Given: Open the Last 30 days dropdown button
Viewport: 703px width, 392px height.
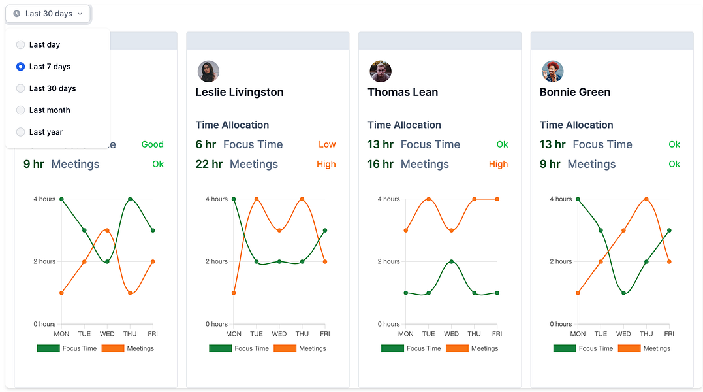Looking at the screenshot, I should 48,14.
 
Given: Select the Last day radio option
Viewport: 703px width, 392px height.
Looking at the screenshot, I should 21,45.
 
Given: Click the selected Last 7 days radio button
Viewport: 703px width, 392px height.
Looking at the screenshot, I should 21,67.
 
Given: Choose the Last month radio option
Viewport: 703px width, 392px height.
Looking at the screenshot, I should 21,110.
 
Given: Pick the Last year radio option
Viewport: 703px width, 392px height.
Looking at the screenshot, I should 21,132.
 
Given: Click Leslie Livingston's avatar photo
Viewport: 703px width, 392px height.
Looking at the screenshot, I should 208,71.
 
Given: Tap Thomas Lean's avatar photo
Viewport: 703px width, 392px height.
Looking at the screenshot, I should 380,71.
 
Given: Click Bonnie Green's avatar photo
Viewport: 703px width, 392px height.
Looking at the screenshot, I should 552,71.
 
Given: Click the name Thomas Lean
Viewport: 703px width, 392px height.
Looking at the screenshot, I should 403,92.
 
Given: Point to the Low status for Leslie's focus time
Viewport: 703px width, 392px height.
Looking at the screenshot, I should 327,144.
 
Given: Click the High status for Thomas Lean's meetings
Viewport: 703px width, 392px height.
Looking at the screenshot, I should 498,164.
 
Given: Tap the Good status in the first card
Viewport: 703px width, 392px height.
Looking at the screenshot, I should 152,144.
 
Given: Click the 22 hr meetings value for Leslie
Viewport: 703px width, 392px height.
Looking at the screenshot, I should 209,164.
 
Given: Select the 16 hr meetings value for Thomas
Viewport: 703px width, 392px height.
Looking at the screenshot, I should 381,164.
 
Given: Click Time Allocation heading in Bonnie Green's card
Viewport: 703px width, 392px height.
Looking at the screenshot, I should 576,125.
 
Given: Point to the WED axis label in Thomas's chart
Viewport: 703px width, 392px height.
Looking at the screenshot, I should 451,334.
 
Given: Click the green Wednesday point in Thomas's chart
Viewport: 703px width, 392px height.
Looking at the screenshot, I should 451,261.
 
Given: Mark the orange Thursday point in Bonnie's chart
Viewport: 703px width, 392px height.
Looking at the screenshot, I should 646,199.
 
